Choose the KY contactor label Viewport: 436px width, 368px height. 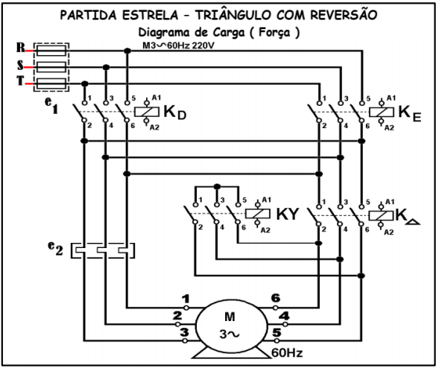point(288,213)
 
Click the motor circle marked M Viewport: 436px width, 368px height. point(229,322)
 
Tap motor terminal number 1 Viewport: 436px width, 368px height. point(186,299)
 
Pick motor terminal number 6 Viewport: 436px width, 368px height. point(276,298)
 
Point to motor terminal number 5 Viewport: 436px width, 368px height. point(275,331)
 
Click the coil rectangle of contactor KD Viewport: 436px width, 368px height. point(144,112)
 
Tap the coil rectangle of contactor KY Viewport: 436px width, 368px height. point(256,213)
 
